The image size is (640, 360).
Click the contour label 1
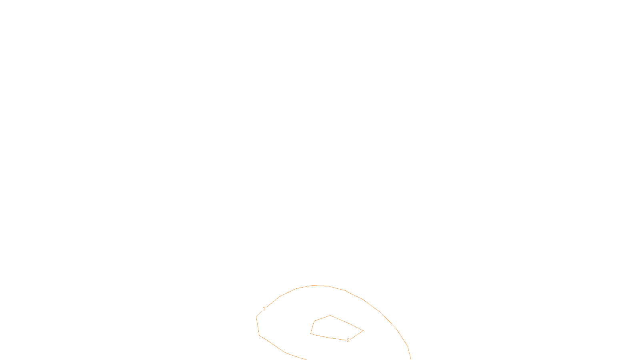tap(264, 309)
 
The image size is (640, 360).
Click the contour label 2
tap(348, 340)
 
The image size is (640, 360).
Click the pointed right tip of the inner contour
tap(363, 331)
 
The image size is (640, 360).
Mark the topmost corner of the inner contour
tap(330, 316)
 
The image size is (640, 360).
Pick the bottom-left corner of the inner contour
tap(311, 333)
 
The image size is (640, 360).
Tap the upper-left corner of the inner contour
tap(314, 321)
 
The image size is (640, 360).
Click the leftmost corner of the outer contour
tap(256, 317)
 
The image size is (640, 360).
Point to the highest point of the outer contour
tap(313, 285)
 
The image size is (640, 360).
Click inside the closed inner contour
tap(332, 328)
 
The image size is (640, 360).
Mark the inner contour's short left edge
tap(312, 327)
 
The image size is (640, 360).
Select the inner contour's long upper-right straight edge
tap(346, 323)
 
